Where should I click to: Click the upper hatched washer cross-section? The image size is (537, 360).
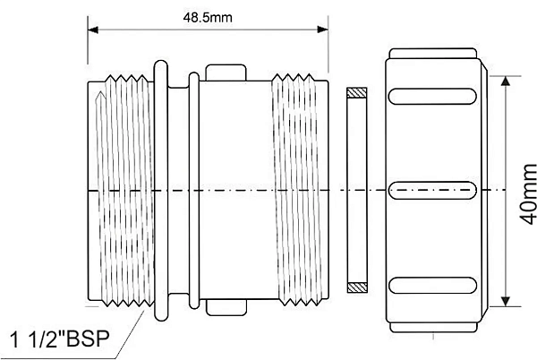pyautogui.click(x=356, y=92)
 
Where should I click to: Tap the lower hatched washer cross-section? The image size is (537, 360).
pyautogui.click(x=356, y=287)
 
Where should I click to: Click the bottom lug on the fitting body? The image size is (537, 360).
pyautogui.click(x=226, y=307)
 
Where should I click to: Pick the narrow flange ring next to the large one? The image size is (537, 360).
pyautogui.click(x=192, y=190)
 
